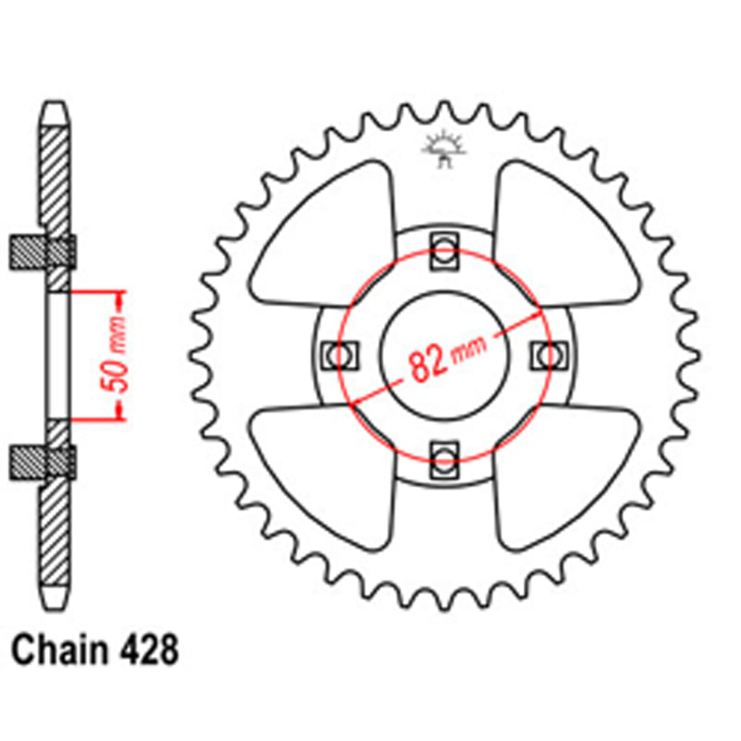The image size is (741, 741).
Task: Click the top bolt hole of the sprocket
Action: [445, 249]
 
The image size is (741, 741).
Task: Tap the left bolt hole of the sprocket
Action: [340, 356]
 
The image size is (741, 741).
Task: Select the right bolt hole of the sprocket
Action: [549, 355]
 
